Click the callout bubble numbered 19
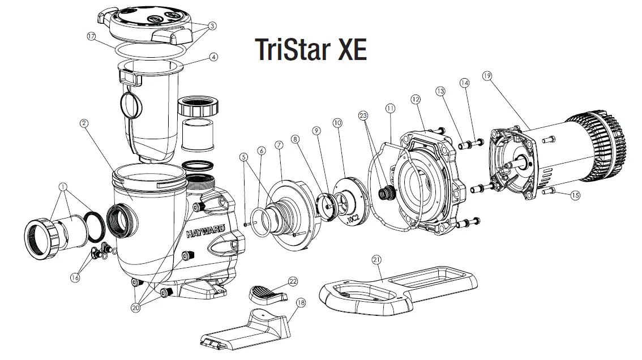(486, 76)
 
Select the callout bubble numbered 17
(92, 36)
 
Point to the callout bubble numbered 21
(376, 259)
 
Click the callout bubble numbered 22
(293, 281)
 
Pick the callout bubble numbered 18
(301, 303)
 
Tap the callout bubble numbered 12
(416, 99)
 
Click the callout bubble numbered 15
(575, 196)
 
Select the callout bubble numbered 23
(363, 115)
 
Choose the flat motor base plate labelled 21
(396, 289)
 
